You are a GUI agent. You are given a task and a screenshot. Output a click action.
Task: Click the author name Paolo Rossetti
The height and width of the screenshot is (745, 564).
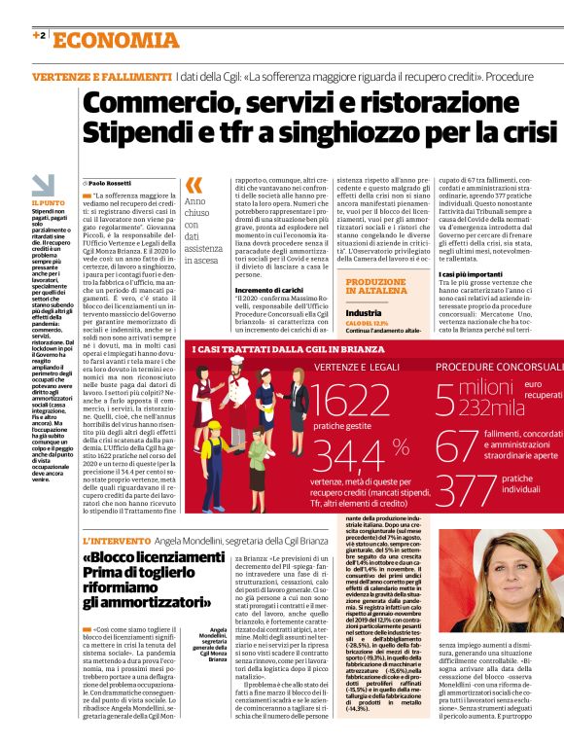pos(111,183)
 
